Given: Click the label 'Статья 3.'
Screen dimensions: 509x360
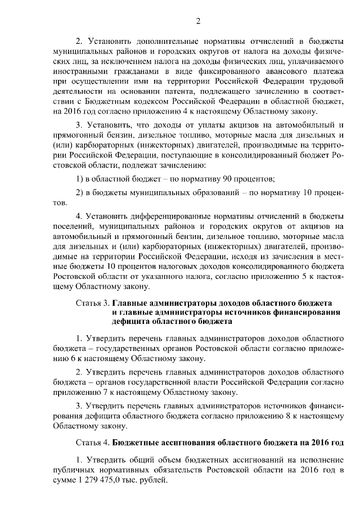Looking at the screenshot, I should point(92,304).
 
